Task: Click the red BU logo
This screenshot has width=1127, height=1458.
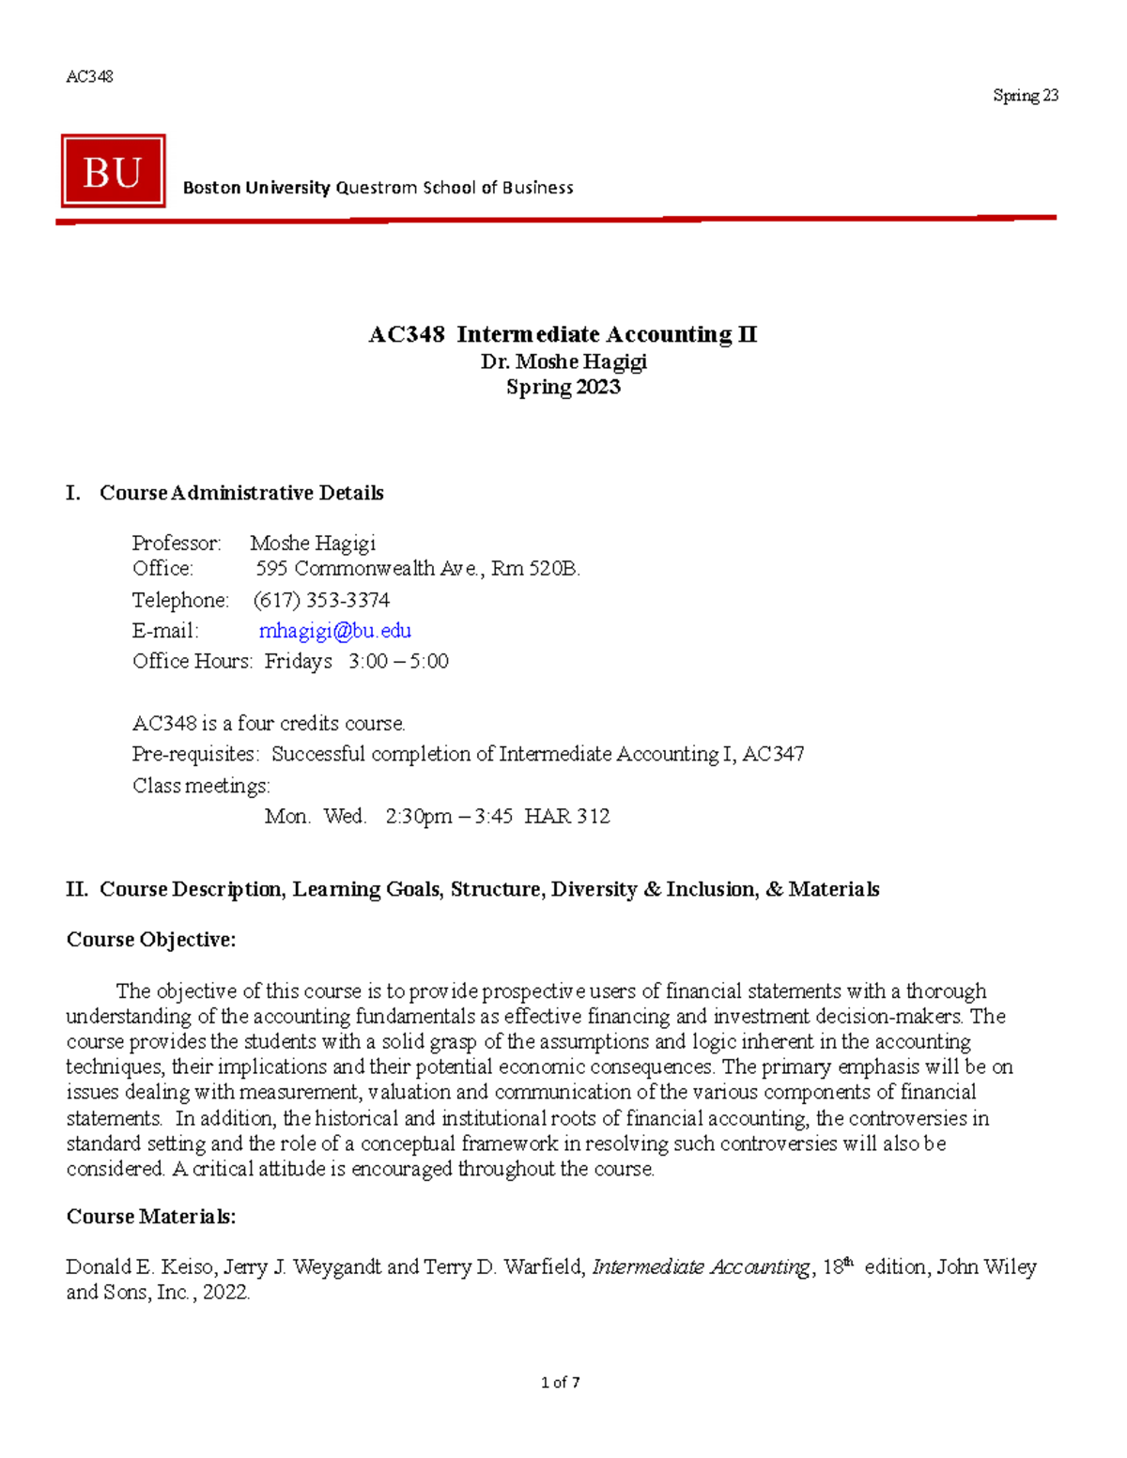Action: click(113, 171)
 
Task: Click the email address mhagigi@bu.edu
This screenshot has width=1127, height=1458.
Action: click(334, 631)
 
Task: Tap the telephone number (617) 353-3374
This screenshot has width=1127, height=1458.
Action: click(321, 600)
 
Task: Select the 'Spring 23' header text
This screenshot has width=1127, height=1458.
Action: click(1026, 96)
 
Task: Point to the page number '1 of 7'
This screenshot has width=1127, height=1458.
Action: click(561, 1382)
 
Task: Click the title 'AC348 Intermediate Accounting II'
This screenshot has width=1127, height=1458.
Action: click(563, 334)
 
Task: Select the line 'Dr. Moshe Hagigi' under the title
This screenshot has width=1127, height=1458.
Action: click(563, 361)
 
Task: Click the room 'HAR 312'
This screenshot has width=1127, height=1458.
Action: click(567, 817)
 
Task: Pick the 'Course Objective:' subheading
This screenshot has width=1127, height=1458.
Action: click(151, 940)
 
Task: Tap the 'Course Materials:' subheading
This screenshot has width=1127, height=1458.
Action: click(151, 1217)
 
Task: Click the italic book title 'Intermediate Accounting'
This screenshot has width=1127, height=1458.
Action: click(701, 1267)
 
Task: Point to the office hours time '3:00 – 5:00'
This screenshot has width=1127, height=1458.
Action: click(398, 662)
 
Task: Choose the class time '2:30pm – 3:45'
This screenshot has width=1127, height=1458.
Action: click(449, 817)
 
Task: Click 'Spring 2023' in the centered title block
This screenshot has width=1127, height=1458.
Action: click(563, 387)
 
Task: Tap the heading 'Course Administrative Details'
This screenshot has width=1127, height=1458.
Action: click(241, 493)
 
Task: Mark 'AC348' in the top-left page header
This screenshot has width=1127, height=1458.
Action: click(89, 77)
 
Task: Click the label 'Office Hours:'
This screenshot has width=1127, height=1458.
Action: click(193, 662)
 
